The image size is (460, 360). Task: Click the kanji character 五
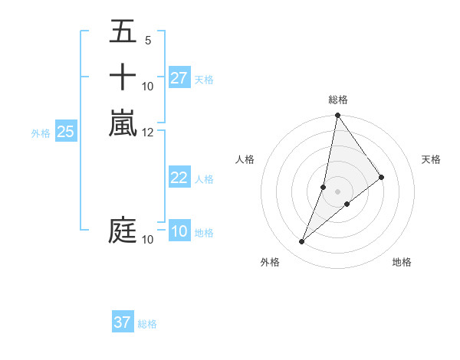point(123,31)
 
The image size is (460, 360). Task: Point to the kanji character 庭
point(123,231)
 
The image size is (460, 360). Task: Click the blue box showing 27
point(179,78)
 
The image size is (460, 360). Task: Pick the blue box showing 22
point(179,178)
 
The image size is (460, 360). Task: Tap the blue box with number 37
point(123,322)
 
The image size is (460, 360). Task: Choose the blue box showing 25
point(66,132)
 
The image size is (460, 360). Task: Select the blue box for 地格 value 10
point(179,231)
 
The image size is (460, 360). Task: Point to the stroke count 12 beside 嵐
point(148,133)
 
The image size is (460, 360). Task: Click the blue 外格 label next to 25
point(41,133)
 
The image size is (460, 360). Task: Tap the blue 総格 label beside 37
point(147,324)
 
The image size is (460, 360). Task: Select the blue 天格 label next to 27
point(204,79)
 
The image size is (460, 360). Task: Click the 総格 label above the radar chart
point(337,100)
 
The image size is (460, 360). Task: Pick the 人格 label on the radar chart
point(245,159)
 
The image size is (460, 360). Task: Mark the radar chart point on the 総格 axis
point(337,116)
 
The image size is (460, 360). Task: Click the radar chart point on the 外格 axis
point(302,242)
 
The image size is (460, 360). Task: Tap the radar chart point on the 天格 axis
point(382,177)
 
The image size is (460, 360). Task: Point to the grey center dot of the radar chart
point(337,191)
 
